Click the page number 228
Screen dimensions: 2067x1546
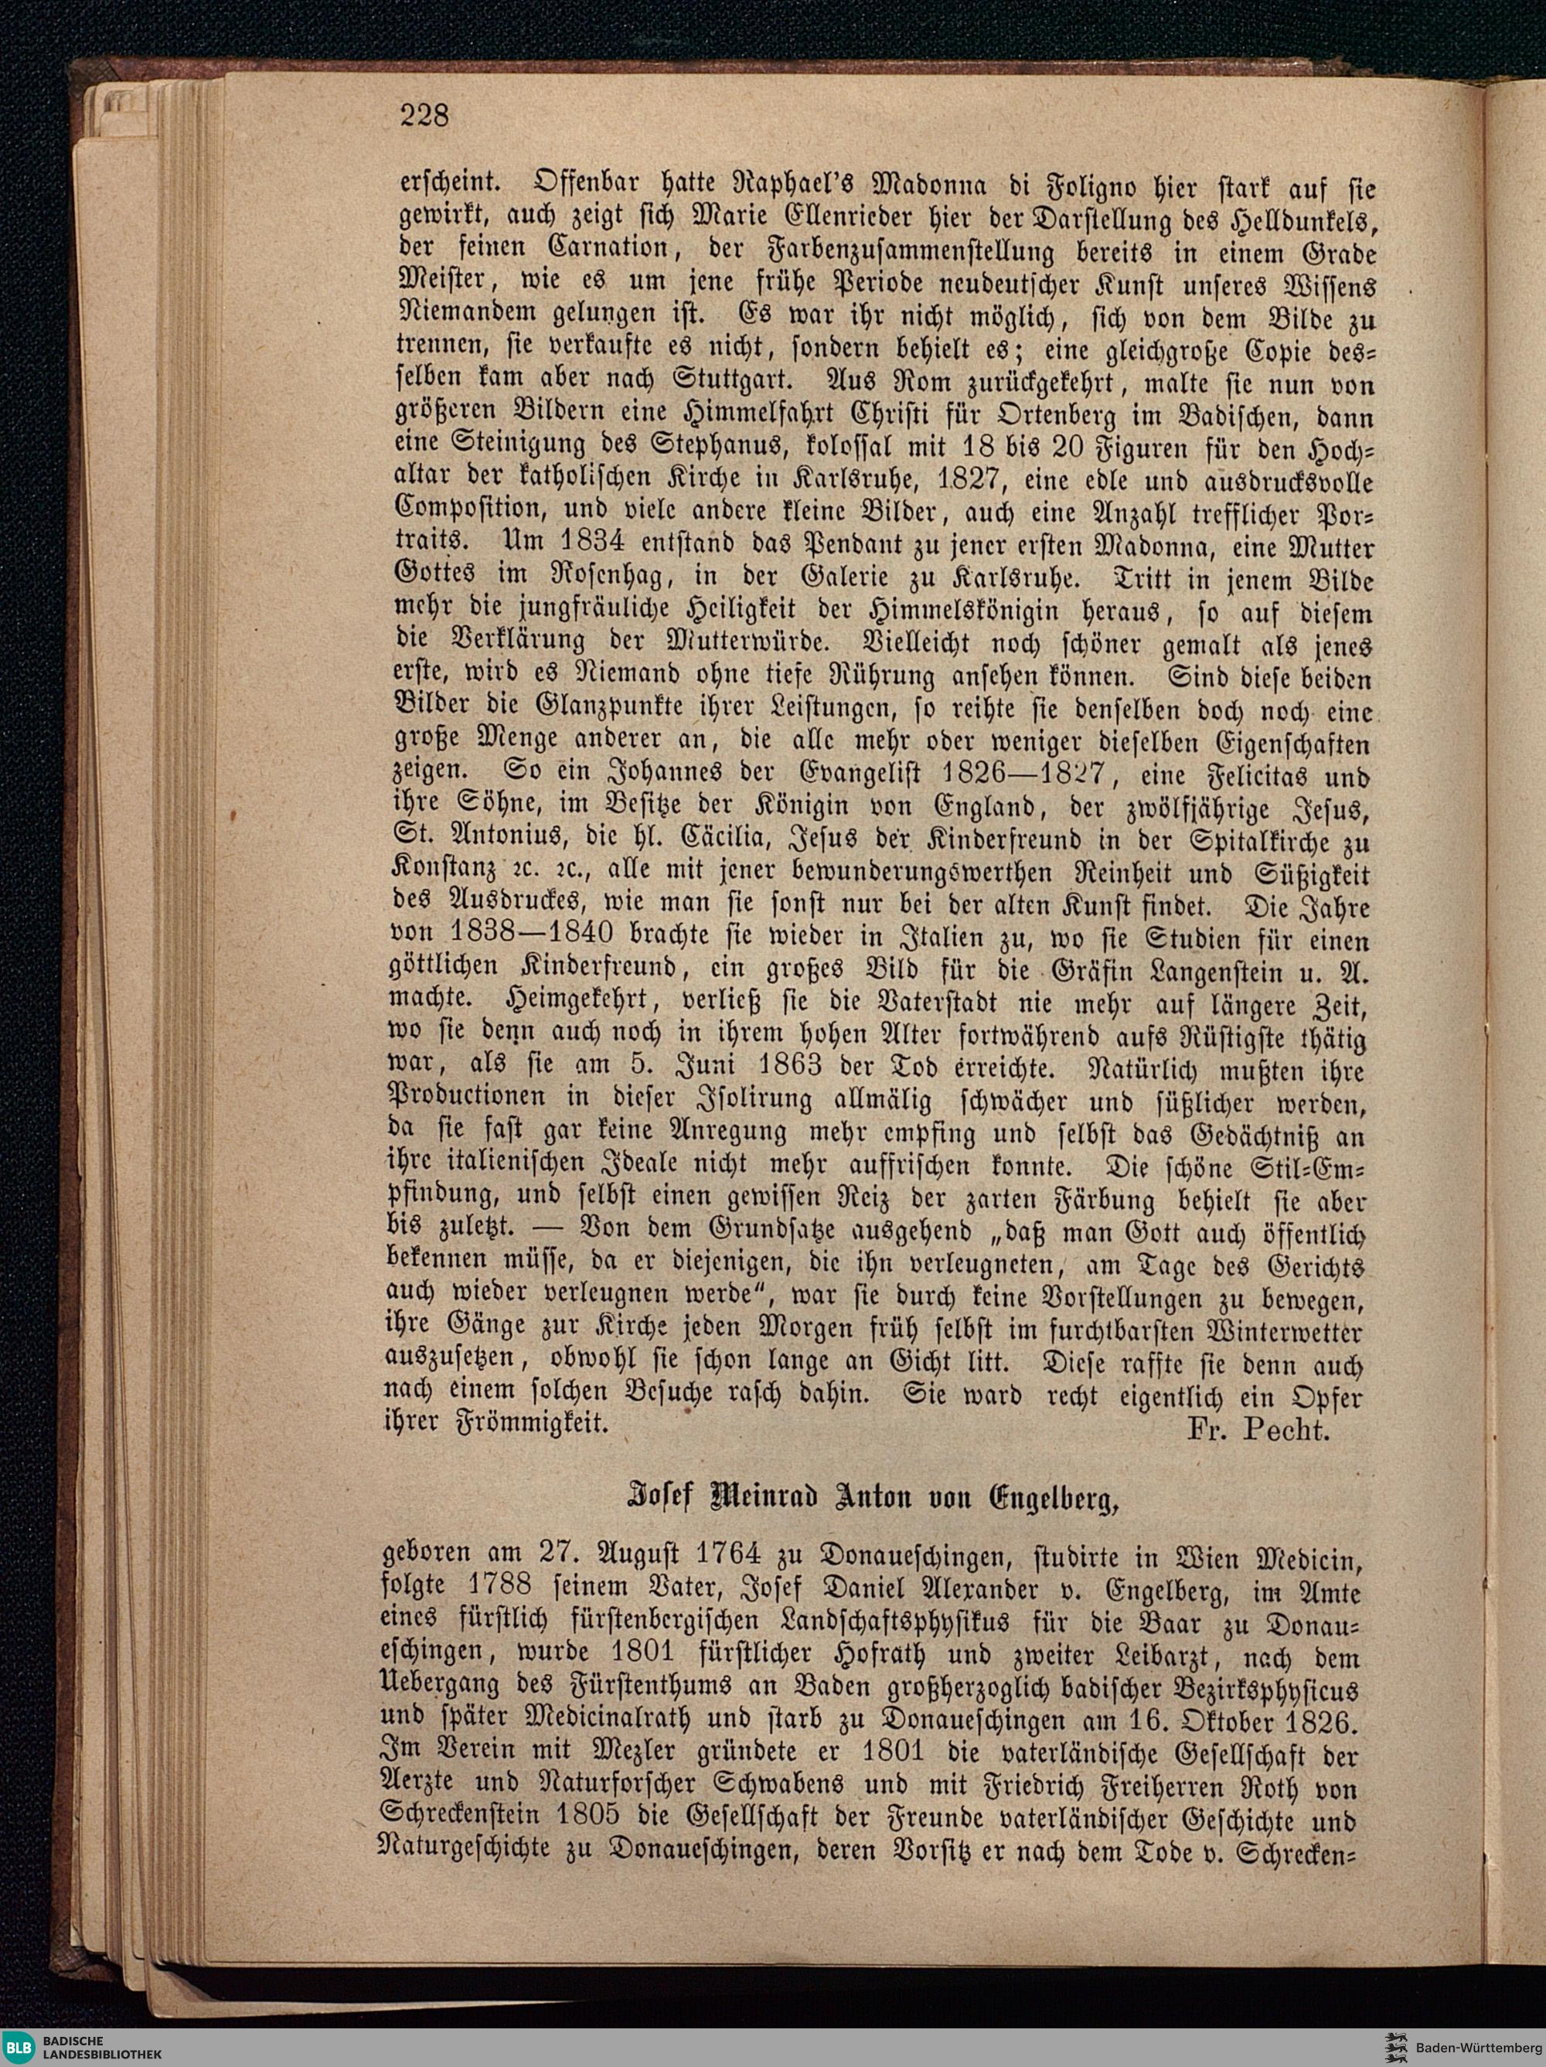click(425, 115)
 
